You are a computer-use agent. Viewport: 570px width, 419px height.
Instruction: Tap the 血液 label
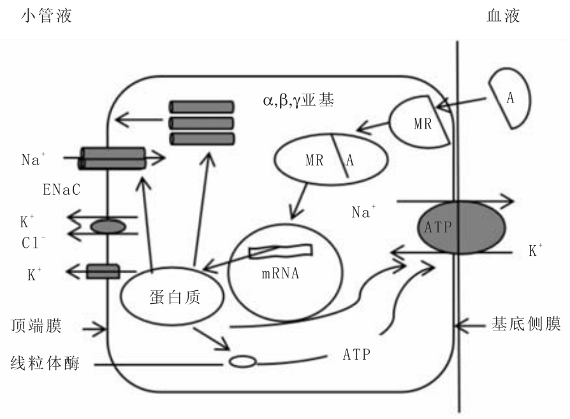click(503, 16)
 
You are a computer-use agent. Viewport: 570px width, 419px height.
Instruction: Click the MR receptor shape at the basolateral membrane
click(420, 122)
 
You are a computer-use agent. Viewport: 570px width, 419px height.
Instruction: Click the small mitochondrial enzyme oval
click(242, 362)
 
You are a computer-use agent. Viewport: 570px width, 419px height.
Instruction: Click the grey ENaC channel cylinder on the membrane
click(112, 158)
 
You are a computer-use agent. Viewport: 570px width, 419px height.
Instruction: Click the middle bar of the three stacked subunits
click(201, 122)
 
